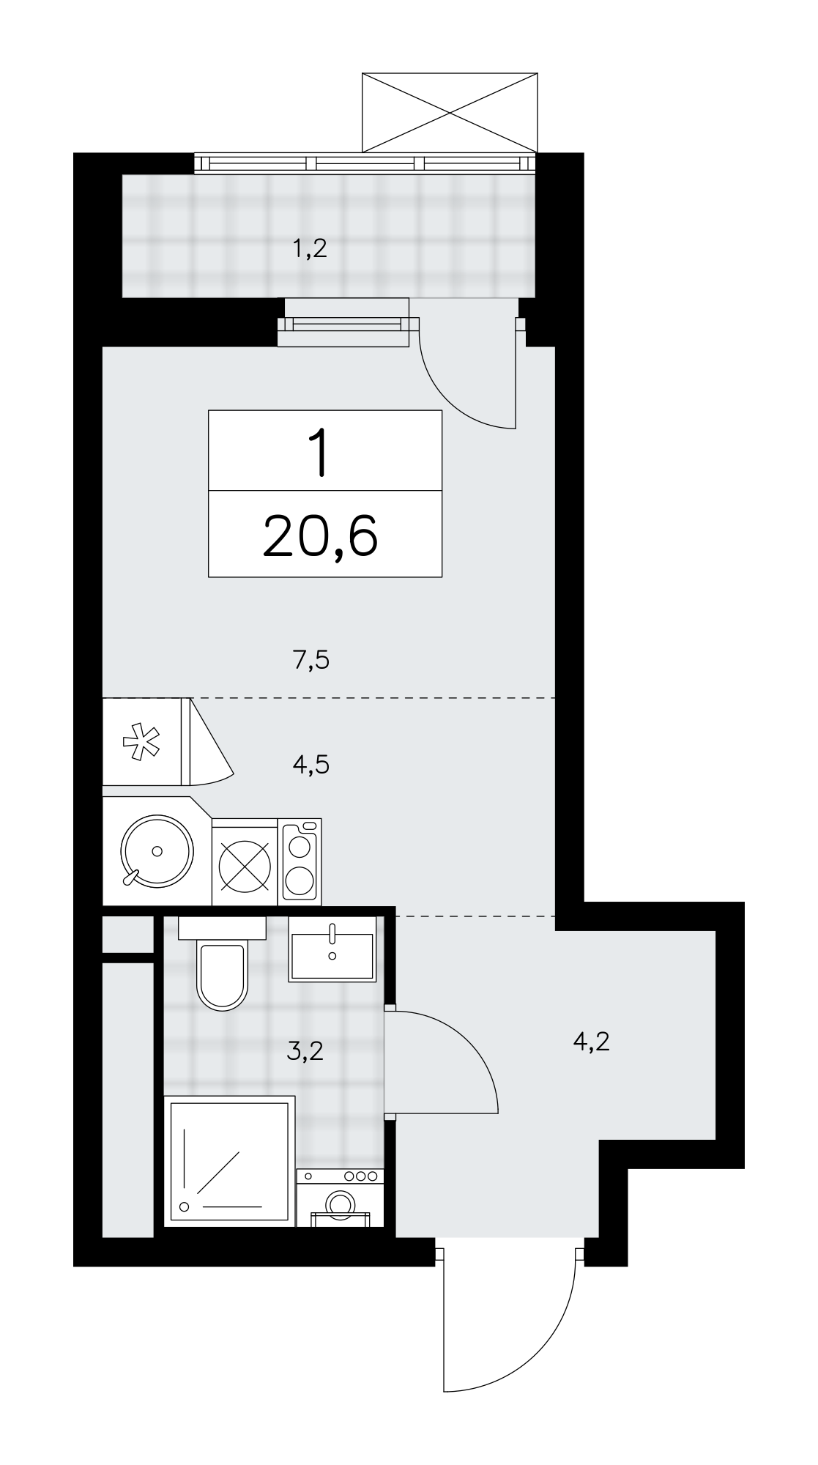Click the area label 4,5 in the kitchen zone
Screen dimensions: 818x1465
click(311, 765)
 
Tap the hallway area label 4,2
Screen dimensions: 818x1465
click(592, 1041)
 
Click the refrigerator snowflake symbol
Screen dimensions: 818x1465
click(144, 741)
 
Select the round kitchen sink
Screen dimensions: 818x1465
click(157, 850)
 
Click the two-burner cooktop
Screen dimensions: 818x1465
click(300, 860)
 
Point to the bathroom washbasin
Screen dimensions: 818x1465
click(332, 948)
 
